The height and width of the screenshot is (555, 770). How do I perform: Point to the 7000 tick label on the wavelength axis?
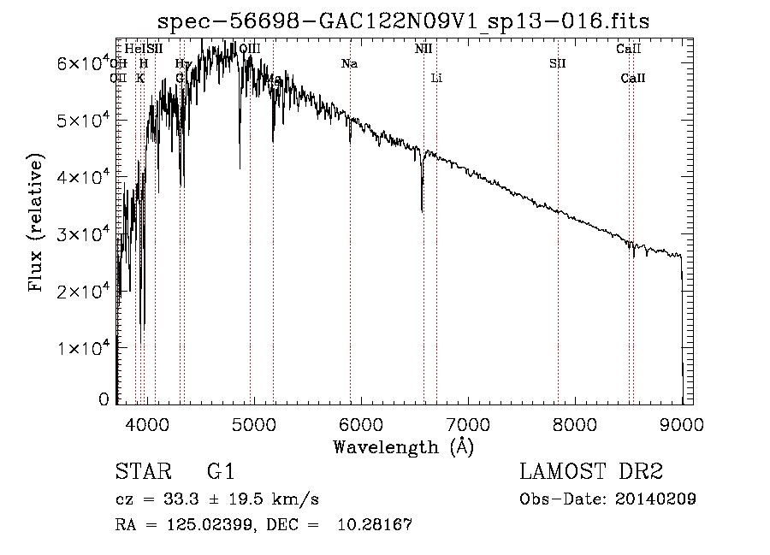pos(468,424)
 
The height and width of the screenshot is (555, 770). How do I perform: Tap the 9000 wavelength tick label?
pos(682,424)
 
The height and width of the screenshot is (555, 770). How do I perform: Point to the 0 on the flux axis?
pos(104,399)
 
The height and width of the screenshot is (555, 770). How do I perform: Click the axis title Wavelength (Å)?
pos(402,446)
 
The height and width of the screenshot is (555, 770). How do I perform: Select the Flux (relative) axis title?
pos(36,224)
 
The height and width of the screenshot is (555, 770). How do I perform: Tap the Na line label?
pos(349,63)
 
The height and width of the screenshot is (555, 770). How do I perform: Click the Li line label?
pos(436,78)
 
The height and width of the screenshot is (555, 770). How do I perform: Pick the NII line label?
pos(423,49)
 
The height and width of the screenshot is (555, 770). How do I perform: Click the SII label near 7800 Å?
pos(558,63)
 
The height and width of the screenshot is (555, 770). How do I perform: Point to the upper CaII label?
pos(629,49)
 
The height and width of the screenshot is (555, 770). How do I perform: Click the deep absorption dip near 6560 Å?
pos(422,205)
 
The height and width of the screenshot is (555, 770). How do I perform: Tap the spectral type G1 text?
pos(221,472)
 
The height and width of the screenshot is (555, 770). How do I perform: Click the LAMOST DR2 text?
pos(591,472)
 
